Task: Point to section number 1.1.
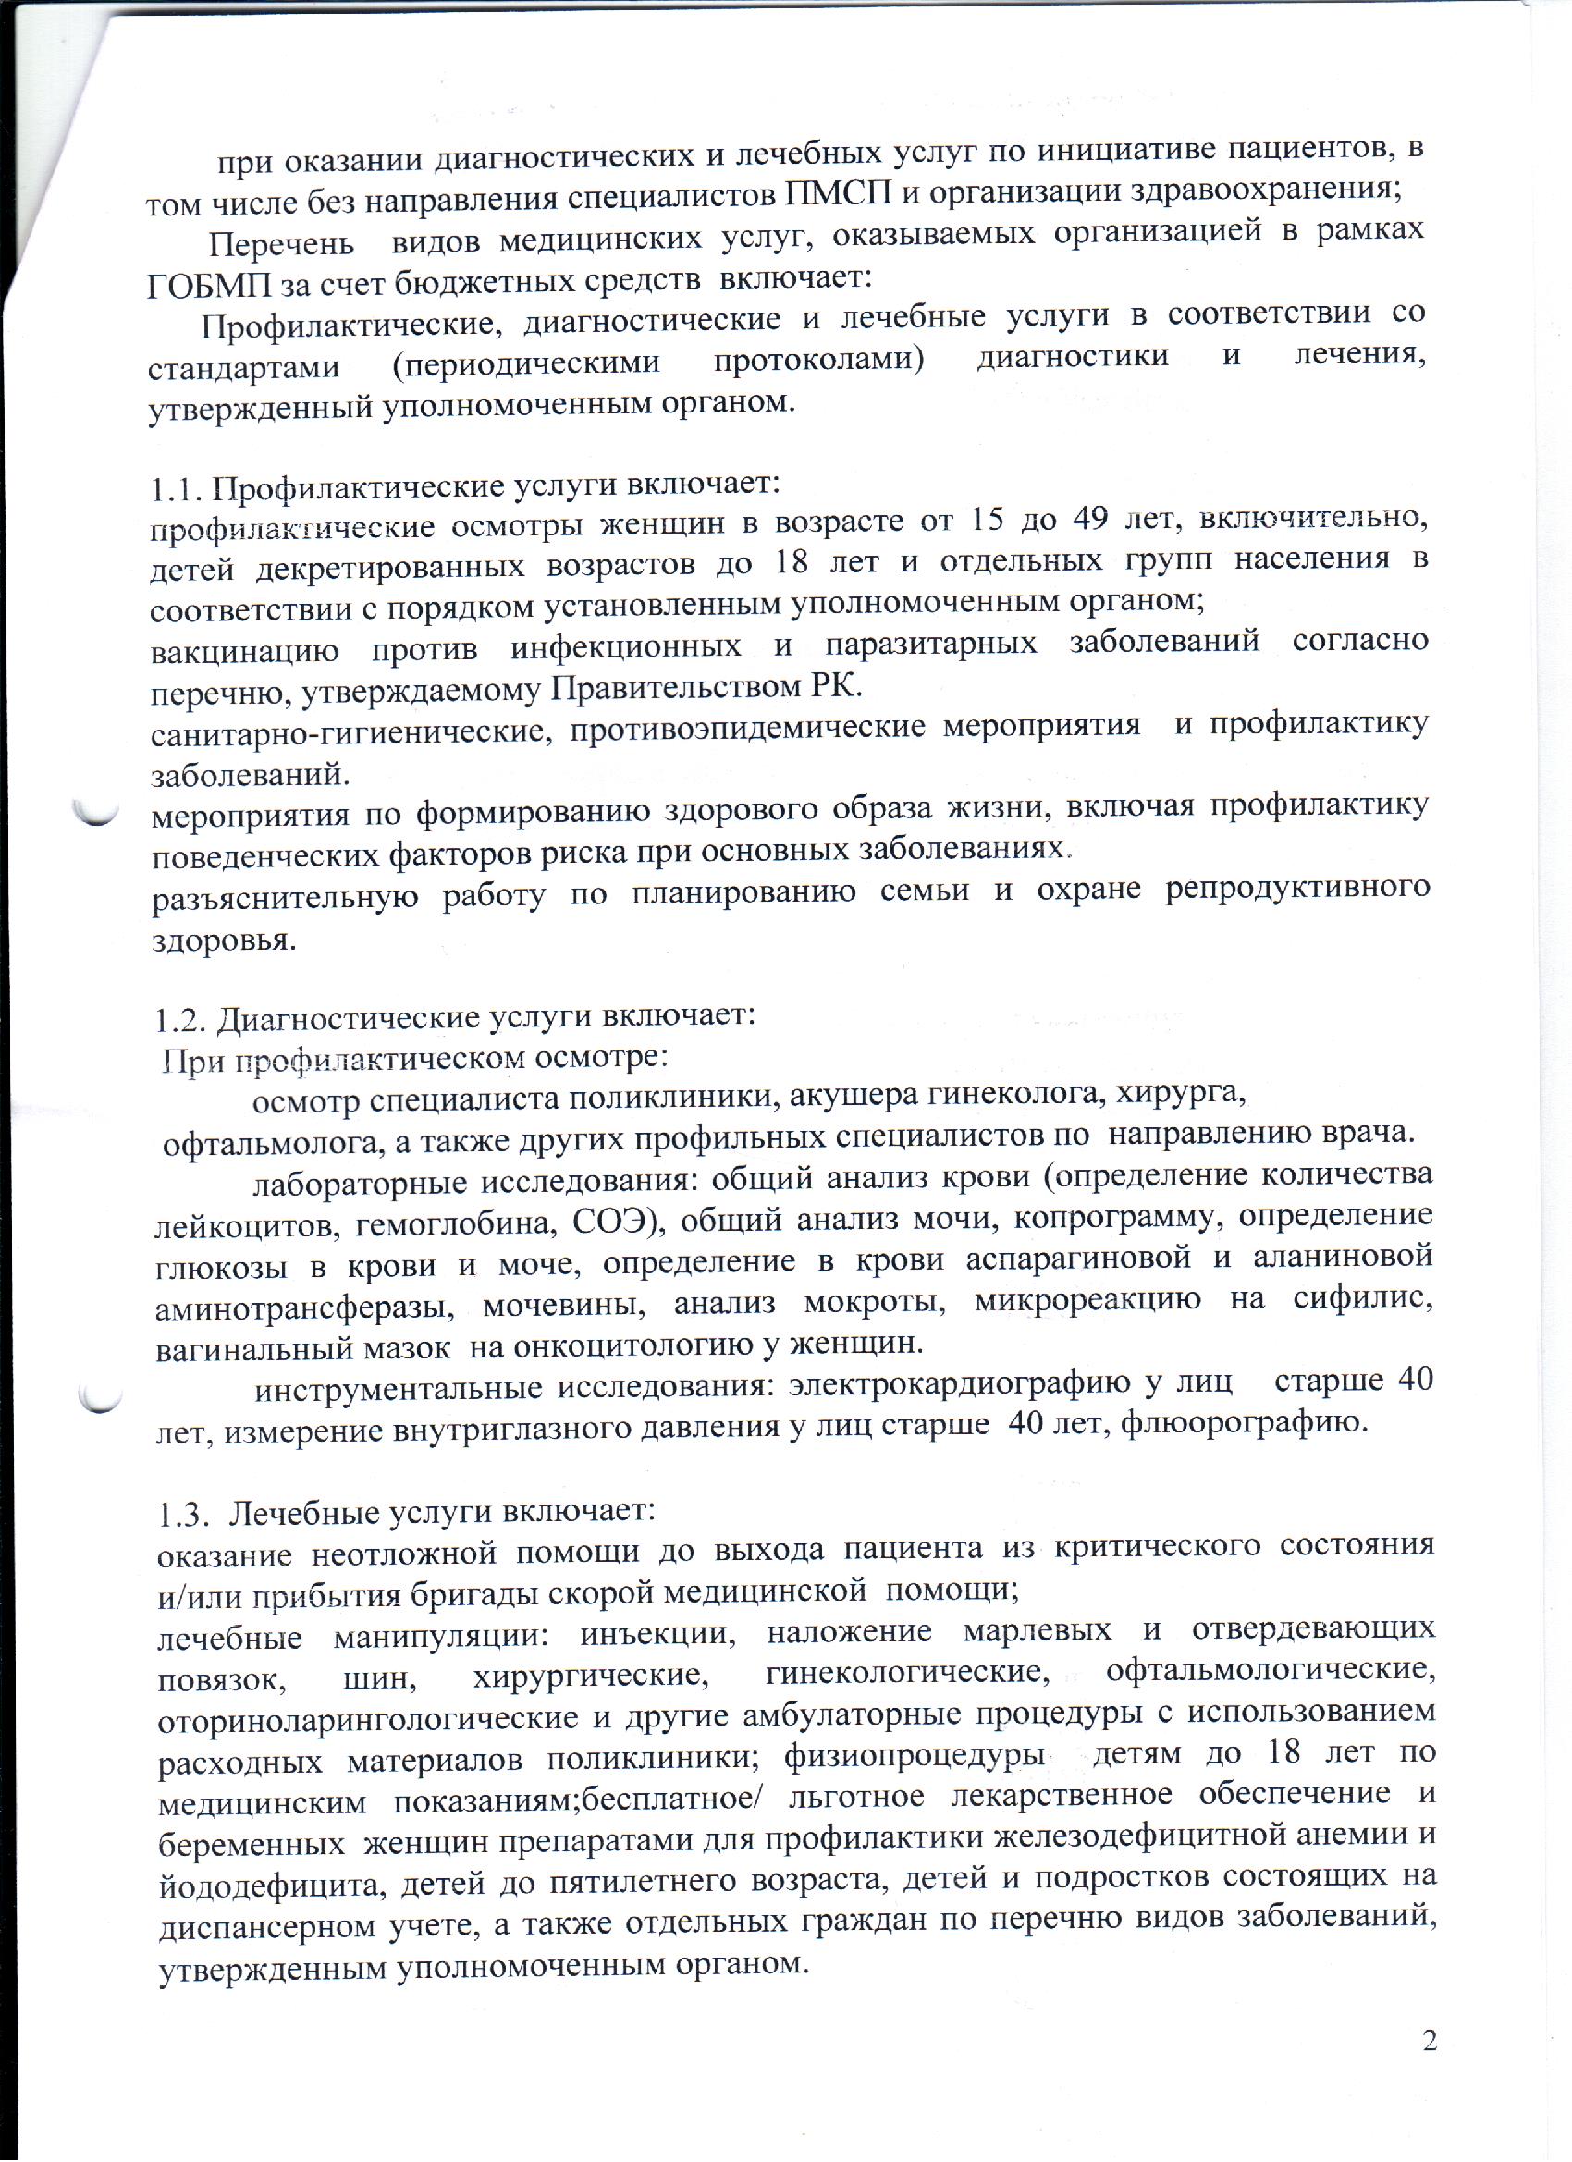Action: [178, 487]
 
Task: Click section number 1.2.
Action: [183, 1019]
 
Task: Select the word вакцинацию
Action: [245, 647]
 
